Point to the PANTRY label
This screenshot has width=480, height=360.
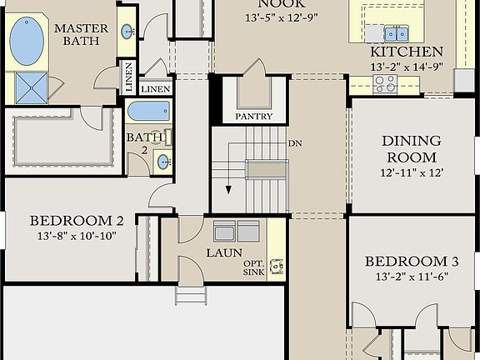click(253, 117)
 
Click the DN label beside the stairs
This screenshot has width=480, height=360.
click(295, 143)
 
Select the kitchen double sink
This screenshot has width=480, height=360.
click(396, 33)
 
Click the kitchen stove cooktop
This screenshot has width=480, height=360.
click(385, 82)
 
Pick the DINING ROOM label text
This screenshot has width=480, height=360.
click(409, 149)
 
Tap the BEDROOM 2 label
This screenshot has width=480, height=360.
click(77, 221)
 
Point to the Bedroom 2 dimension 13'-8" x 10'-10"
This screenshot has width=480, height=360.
click(76, 236)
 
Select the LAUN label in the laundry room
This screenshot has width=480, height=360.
click(224, 252)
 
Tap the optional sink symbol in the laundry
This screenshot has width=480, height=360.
click(277, 267)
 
